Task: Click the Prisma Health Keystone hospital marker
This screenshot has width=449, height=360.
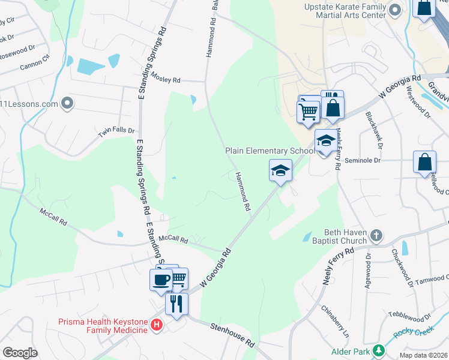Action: click(x=157, y=325)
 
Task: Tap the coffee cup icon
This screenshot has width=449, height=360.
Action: click(x=161, y=280)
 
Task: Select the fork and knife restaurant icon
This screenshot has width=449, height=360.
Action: click(x=176, y=303)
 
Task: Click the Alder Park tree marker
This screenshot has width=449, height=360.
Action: click(x=378, y=350)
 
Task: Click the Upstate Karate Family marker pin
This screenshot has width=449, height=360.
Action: click(x=395, y=10)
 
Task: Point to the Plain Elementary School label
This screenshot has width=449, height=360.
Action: click(x=270, y=151)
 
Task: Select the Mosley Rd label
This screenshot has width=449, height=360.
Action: click(x=166, y=80)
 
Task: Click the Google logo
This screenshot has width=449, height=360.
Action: click(x=20, y=353)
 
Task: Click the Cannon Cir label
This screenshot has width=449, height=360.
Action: click(x=35, y=62)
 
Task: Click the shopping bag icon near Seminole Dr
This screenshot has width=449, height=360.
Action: click(x=424, y=162)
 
